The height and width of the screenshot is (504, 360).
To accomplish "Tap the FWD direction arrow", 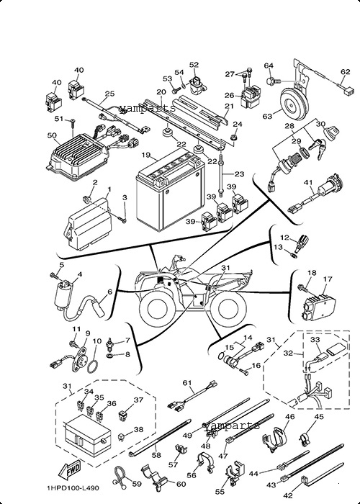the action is [x=70, y=470].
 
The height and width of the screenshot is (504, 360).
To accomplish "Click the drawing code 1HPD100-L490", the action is [x=73, y=488].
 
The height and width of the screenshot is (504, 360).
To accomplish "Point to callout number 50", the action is [x=52, y=135].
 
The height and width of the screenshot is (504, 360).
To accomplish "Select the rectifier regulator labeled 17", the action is [x=318, y=304].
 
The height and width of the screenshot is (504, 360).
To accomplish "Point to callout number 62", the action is [x=346, y=72].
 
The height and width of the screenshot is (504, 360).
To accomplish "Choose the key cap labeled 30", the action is [x=330, y=132].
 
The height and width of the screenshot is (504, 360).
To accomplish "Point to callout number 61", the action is [x=187, y=383].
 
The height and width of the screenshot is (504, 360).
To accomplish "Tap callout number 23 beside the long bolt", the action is [x=240, y=174].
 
